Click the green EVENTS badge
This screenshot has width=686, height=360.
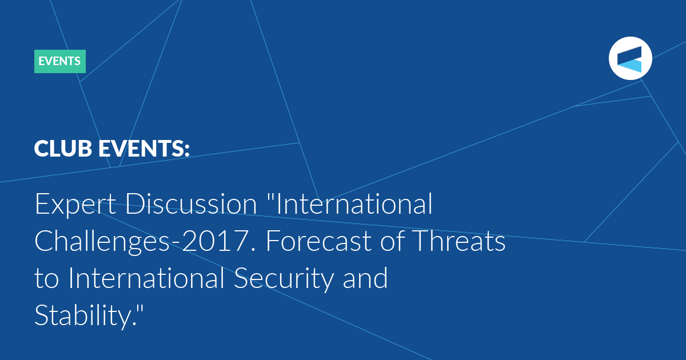pyautogui.click(x=60, y=61)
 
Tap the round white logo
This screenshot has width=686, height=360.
pyautogui.click(x=630, y=58)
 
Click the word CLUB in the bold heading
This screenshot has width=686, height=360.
pyautogui.click(x=63, y=149)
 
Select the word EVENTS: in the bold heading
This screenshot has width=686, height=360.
pyautogui.click(x=144, y=149)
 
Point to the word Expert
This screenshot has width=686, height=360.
pyautogui.click(x=75, y=204)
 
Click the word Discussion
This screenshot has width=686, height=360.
pyautogui.click(x=191, y=203)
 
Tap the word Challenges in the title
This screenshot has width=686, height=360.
pyautogui.click(x=102, y=242)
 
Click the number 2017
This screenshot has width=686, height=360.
pyautogui.click(x=216, y=241)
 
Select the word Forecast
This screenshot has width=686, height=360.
pyautogui.click(x=318, y=241)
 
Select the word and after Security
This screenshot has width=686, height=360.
pyautogui.click(x=365, y=278)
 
